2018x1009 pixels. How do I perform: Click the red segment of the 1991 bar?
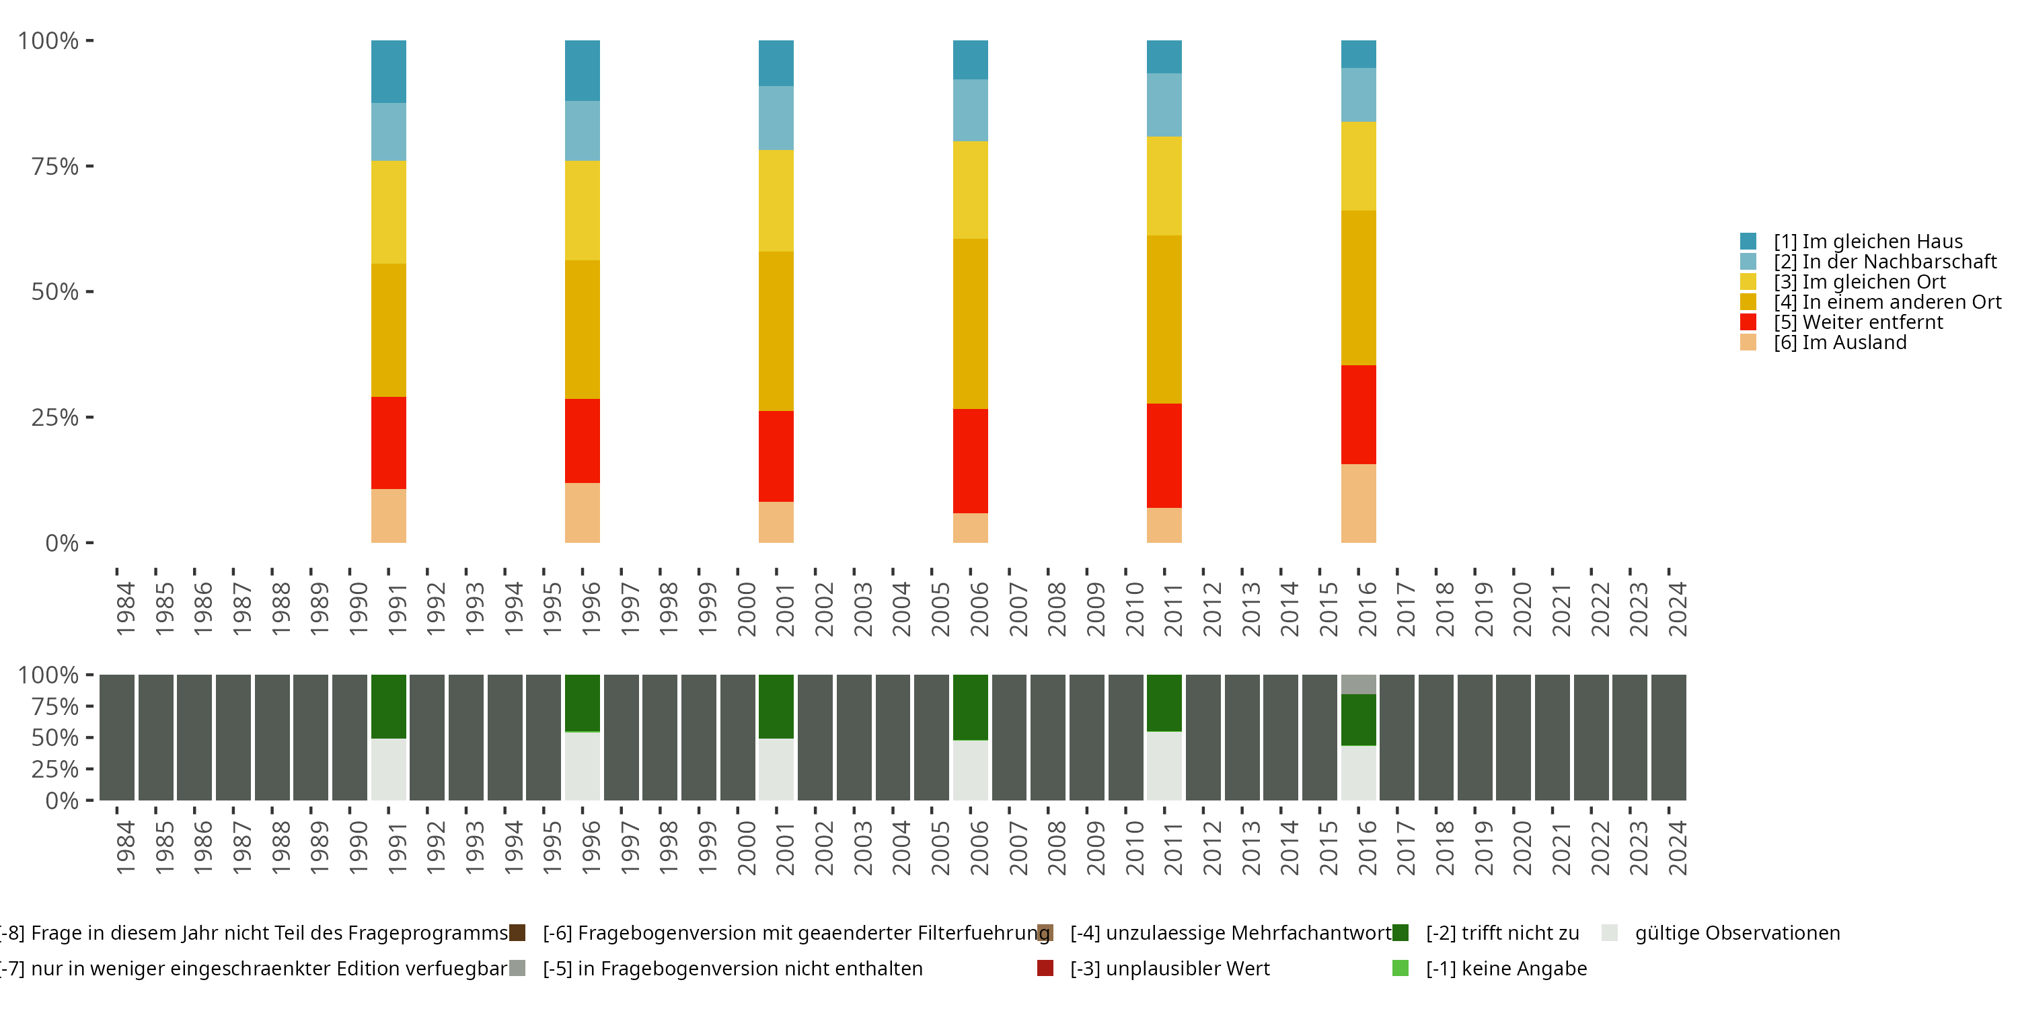coord(389,443)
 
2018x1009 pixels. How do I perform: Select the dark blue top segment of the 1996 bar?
coord(582,71)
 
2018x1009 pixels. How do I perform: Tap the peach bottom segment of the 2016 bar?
coord(1358,503)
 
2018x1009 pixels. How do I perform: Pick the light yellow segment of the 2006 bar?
coord(970,190)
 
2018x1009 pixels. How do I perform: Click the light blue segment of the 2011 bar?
coord(1164,105)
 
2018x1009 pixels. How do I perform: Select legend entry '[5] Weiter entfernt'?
coord(1857,322)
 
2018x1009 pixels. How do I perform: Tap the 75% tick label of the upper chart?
coord(55,166)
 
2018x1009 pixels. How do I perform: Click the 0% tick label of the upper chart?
coord(62,543)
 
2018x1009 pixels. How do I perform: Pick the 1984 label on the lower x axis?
coord(125,848)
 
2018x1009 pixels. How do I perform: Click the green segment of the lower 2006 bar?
coord(970,708)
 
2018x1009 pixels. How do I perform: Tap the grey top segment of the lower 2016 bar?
coord(1358,684)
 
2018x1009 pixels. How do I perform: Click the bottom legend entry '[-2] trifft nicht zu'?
coord(1502,933)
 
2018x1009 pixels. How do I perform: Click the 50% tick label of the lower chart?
coord(55,738)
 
